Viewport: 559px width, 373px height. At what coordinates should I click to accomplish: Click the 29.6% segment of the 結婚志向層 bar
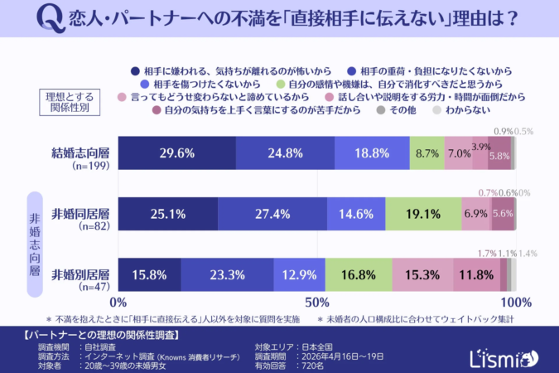(176, 153)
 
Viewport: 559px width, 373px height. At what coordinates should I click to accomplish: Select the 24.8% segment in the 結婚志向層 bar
(285, 153)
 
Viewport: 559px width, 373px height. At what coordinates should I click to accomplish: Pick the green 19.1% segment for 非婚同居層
(422, 214)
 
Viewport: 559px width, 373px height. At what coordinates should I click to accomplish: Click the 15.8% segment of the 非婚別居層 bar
(149, 274)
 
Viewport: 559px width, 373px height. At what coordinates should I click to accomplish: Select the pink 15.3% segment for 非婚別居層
(422, 274)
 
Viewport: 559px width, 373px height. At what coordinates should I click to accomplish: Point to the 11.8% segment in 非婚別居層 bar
(476, 274)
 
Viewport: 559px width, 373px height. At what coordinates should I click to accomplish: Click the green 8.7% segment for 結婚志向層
(427, 153)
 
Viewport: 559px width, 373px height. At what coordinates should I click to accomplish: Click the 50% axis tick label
(317, 302)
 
